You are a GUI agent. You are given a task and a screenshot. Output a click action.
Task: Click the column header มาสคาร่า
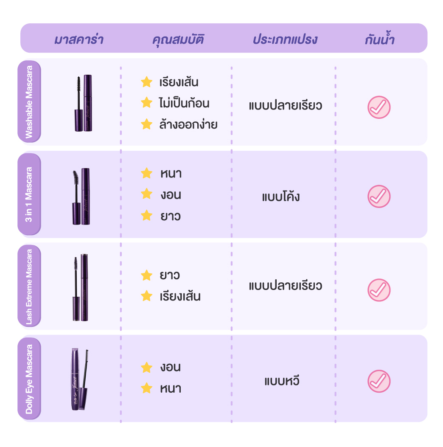coord(79,39)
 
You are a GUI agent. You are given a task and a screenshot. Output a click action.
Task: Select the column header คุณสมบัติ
coord(178,40)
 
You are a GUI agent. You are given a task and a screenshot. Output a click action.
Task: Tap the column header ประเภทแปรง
coord(285,39)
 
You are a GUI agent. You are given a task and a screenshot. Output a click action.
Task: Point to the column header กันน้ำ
coord(380,38)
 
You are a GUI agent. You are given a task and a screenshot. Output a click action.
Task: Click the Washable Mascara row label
coord(29,102)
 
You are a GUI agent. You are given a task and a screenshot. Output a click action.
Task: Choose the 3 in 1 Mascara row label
coord(29,194)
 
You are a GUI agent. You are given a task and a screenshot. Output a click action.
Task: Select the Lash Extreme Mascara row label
coord(29,286)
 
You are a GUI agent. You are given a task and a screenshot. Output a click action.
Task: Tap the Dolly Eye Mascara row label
coord(29,379)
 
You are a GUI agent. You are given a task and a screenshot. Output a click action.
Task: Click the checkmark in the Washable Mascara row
coord(379,107)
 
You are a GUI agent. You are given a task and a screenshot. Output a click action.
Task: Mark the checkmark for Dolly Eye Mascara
coord(379,381)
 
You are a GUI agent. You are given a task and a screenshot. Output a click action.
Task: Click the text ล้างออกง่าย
coord(188,124)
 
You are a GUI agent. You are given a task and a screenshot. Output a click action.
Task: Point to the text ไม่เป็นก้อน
coord(184,102)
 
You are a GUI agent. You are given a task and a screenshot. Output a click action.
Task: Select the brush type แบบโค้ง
coord(281,196)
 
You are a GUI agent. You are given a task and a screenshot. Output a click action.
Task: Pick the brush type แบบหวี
coord(282,380)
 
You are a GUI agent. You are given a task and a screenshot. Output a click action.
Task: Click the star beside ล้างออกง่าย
coord(147,124)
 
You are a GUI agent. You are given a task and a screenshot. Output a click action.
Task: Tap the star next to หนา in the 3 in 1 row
coord(147,173)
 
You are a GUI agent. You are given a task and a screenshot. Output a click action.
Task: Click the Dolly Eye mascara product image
coord(80,379)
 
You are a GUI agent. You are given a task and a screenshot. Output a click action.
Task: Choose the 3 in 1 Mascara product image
coord(81,197)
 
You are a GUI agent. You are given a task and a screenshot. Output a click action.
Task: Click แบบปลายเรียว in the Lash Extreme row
coord(286,285)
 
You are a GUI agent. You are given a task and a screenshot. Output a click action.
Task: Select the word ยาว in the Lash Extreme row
coord(170,275)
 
